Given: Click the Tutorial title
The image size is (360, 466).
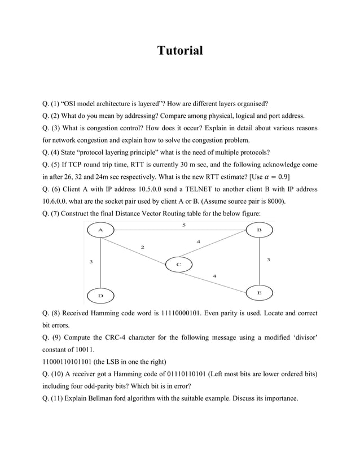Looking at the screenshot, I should pos(179,51).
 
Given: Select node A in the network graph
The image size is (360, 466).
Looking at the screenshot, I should pos(100,230).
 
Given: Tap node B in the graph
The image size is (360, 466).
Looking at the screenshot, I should pos(259,230).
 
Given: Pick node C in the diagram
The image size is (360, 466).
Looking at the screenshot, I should pos(178,264).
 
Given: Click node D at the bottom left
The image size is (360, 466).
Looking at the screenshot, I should pos(100,296).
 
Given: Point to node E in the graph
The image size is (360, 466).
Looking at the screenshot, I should pos(259,293).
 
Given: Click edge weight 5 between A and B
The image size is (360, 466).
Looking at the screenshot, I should pos(183,225).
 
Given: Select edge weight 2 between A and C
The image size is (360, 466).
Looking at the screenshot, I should pos(142,247).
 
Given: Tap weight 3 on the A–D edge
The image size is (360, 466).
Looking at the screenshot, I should pos(91,261).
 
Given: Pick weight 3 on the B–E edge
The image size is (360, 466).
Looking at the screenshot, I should pos(268,260).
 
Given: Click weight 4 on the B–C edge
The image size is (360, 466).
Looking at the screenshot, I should pos(198,241).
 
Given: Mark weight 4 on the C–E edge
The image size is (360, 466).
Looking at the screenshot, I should pos(214,275).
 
